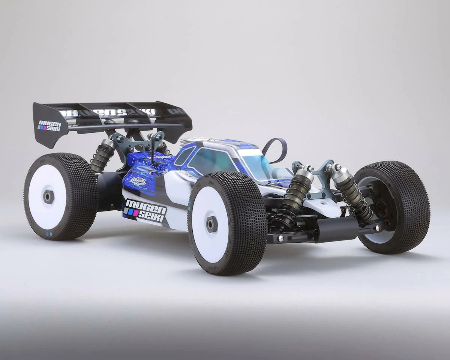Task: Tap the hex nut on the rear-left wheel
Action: click(x=48, y=197)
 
